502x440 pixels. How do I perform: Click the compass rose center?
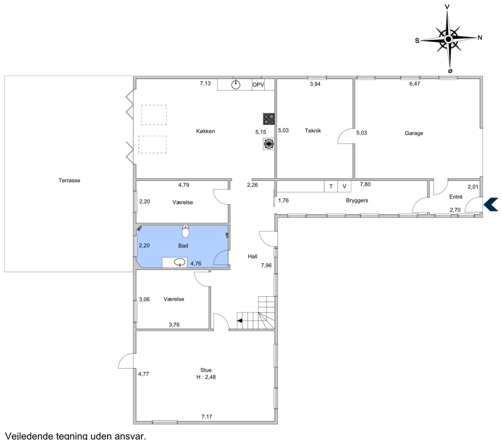tap(449, 39)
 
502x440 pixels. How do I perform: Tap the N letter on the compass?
tap(480, 37)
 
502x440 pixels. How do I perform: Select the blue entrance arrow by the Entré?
tap(491, 204)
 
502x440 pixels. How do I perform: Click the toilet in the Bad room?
tap(186, 231)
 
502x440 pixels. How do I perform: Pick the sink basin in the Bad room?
tap(180, 262)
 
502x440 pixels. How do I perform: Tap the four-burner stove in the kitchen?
tap(269, 119)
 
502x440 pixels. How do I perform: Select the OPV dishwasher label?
tap(258, 85)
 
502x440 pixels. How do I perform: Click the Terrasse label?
tap(70, 180)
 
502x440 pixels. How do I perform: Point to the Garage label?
tap(414, 133)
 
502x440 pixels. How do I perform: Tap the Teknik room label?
tap(313, 131)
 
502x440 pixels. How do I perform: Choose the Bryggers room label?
tap(357, 200)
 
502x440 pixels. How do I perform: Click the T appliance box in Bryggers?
tap(331, 186)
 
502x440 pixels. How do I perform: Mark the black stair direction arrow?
tap(240, 320)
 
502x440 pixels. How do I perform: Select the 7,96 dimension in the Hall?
tap(266, 265)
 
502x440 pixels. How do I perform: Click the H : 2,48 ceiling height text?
tap(206, 377)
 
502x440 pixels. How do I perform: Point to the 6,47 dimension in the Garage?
tap(415, 84)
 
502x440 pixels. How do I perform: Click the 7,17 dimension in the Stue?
tap(207, 417)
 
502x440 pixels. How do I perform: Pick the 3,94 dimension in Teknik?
tap(315, 84)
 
